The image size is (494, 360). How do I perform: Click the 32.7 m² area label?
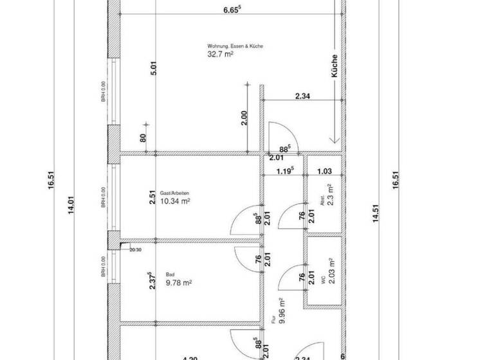(220, 55)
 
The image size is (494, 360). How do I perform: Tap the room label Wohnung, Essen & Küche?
(235, 46)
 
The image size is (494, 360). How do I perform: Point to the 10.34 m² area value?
(174, 201)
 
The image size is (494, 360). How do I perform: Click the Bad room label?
(170, 273)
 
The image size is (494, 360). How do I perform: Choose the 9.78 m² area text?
(179, 282)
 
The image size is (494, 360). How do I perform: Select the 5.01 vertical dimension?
(153, 69)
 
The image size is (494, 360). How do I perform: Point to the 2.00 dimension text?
(244, 119)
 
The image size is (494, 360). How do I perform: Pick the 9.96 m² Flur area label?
(282, 313)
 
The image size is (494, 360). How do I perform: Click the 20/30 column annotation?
(136, 249)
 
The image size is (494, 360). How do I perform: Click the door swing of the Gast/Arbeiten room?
(241, 222)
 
